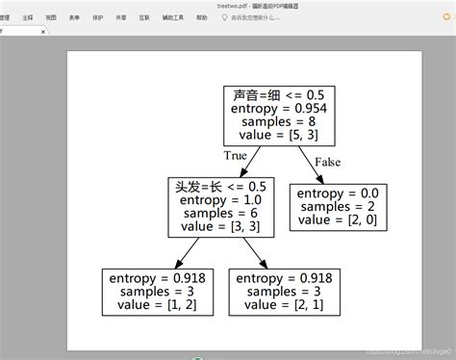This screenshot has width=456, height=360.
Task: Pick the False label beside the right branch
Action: click(x=327, y=162)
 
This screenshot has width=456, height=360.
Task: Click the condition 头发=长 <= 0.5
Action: click(x=221, y=186)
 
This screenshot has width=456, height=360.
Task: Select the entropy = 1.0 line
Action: click(x=221, y=200)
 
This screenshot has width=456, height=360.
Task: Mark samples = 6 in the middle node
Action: click(x=221, y=215)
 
